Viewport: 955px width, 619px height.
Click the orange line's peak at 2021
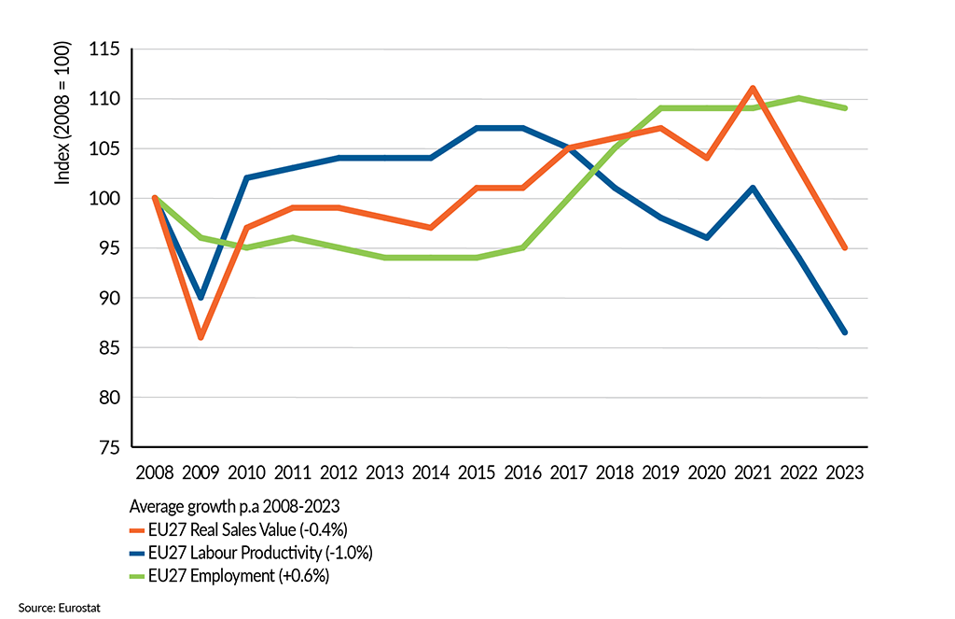(753, 88)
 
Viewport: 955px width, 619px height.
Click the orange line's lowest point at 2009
(200, 337)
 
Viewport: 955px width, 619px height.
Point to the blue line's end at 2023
(844, 332)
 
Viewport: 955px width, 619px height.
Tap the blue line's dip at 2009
(200, 297)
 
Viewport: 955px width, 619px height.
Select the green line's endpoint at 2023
(844, 108)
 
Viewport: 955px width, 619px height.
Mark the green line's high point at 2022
(798, 98)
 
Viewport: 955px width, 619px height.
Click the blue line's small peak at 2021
(753, 188)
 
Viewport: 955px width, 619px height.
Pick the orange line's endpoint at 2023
(844, 247)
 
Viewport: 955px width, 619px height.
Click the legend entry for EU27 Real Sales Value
(247, 528)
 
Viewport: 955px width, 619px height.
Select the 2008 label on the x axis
(154, 471)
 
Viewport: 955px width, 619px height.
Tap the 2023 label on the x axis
(844, 471)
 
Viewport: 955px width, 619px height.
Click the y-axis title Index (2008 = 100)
(63, 112)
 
